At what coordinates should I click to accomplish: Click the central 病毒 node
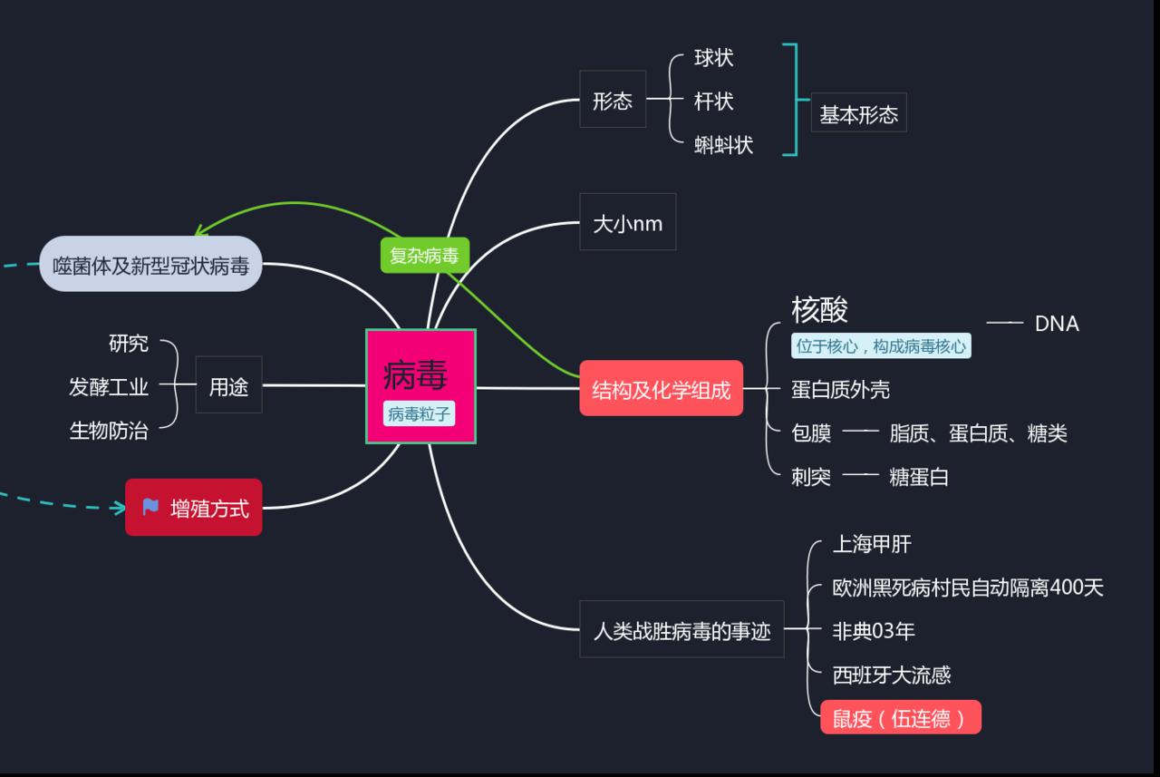pyautogui.click(x=416, y=374)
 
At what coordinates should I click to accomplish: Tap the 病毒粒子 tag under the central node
pyautogui.click(x=419, y=414)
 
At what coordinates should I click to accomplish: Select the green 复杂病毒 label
pyautogui.click(x=424, y=256)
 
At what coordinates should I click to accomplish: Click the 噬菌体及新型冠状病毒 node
pyautogui.click(x=150, y=265)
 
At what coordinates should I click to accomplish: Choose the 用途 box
pyautogui.click(x=228, y=386)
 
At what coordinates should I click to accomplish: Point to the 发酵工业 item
pyautogui.click(x=109, y=387)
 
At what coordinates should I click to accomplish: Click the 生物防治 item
pyautogui.click(x=109, y=431)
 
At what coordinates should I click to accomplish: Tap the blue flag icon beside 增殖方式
pyautogui.click(x=150, y=508)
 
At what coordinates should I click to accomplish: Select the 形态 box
pyautogui.click(x=613, y=100)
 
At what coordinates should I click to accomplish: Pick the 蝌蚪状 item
pyautogui.click(x=723, y=145)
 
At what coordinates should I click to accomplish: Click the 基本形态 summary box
pyautogui.click(x=858, y=114)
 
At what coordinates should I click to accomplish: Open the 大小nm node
pyautogui.click(x=627, y=223)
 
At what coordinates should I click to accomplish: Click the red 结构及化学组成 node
pyautogui.click(x=661, y=390)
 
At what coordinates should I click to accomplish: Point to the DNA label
pyautogui.click(x=1057, y=324)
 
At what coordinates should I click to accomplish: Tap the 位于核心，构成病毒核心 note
pyautogui.click(x=881, y=346)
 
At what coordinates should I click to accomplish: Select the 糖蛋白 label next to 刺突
pyautogui.click(x=919, y=477)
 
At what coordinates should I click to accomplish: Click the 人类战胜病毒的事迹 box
pyautogui.click(x=681, y=630)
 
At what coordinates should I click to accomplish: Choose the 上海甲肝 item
pyautogui.click(x=872, y=544)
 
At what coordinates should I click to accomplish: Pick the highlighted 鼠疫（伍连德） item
pyautogui.click(x=900, y=719)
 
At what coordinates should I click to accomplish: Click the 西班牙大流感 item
pyautogui.click(x=892, y=675)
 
